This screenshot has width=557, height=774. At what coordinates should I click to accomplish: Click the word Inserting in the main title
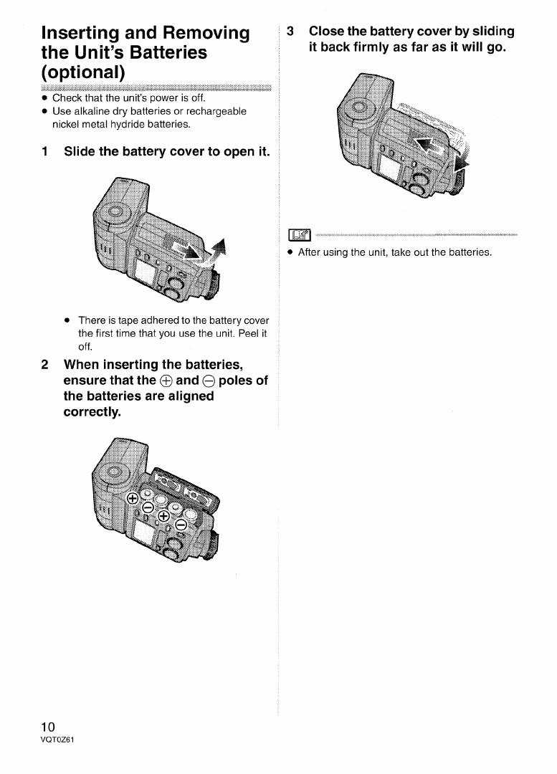[87, 34]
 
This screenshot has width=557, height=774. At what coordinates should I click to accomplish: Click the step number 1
[45, 152]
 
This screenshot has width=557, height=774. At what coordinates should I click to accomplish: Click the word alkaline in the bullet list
[89, 111]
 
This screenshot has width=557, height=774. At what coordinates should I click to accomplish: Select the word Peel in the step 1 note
[247, 333]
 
